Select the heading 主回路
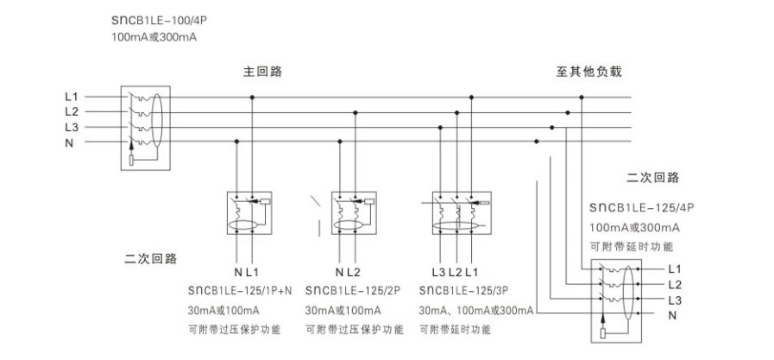pyautogui.click(x=262, y=72)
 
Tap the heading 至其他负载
pyautogui.click(x=588, y=72)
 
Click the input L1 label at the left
pyautogui.click(x=72, y=97)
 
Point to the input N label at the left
pyautogui.click(x=69, y=143)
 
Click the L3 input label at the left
pyautogui.click(x=72, y=128)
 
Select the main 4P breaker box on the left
pyautogui.click(x=146, y=129)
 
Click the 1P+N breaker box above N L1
pyautogui.click(x=249, y=212)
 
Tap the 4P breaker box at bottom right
pyautogui.click(x=616, y=300)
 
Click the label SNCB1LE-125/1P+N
pyautogui.click(x=240, y=290)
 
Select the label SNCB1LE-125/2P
pyautogui.click(x=353, y=290)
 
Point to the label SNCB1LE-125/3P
pyautogui.click(x=463, y=290)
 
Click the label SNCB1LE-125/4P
pyautogui.click(x=642, y=208)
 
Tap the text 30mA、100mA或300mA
pyautogui.click(x=476, y=311)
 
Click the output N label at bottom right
pyautogui.click(x=672, y=316)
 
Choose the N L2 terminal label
pyautogui.click(x=348, y=272)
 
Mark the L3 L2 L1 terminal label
pyautogui.click(x=455, y=272)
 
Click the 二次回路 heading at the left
pyautogui.click(x=150, y=259)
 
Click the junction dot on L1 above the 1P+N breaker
pyautogui.click(x=252, y=97)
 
